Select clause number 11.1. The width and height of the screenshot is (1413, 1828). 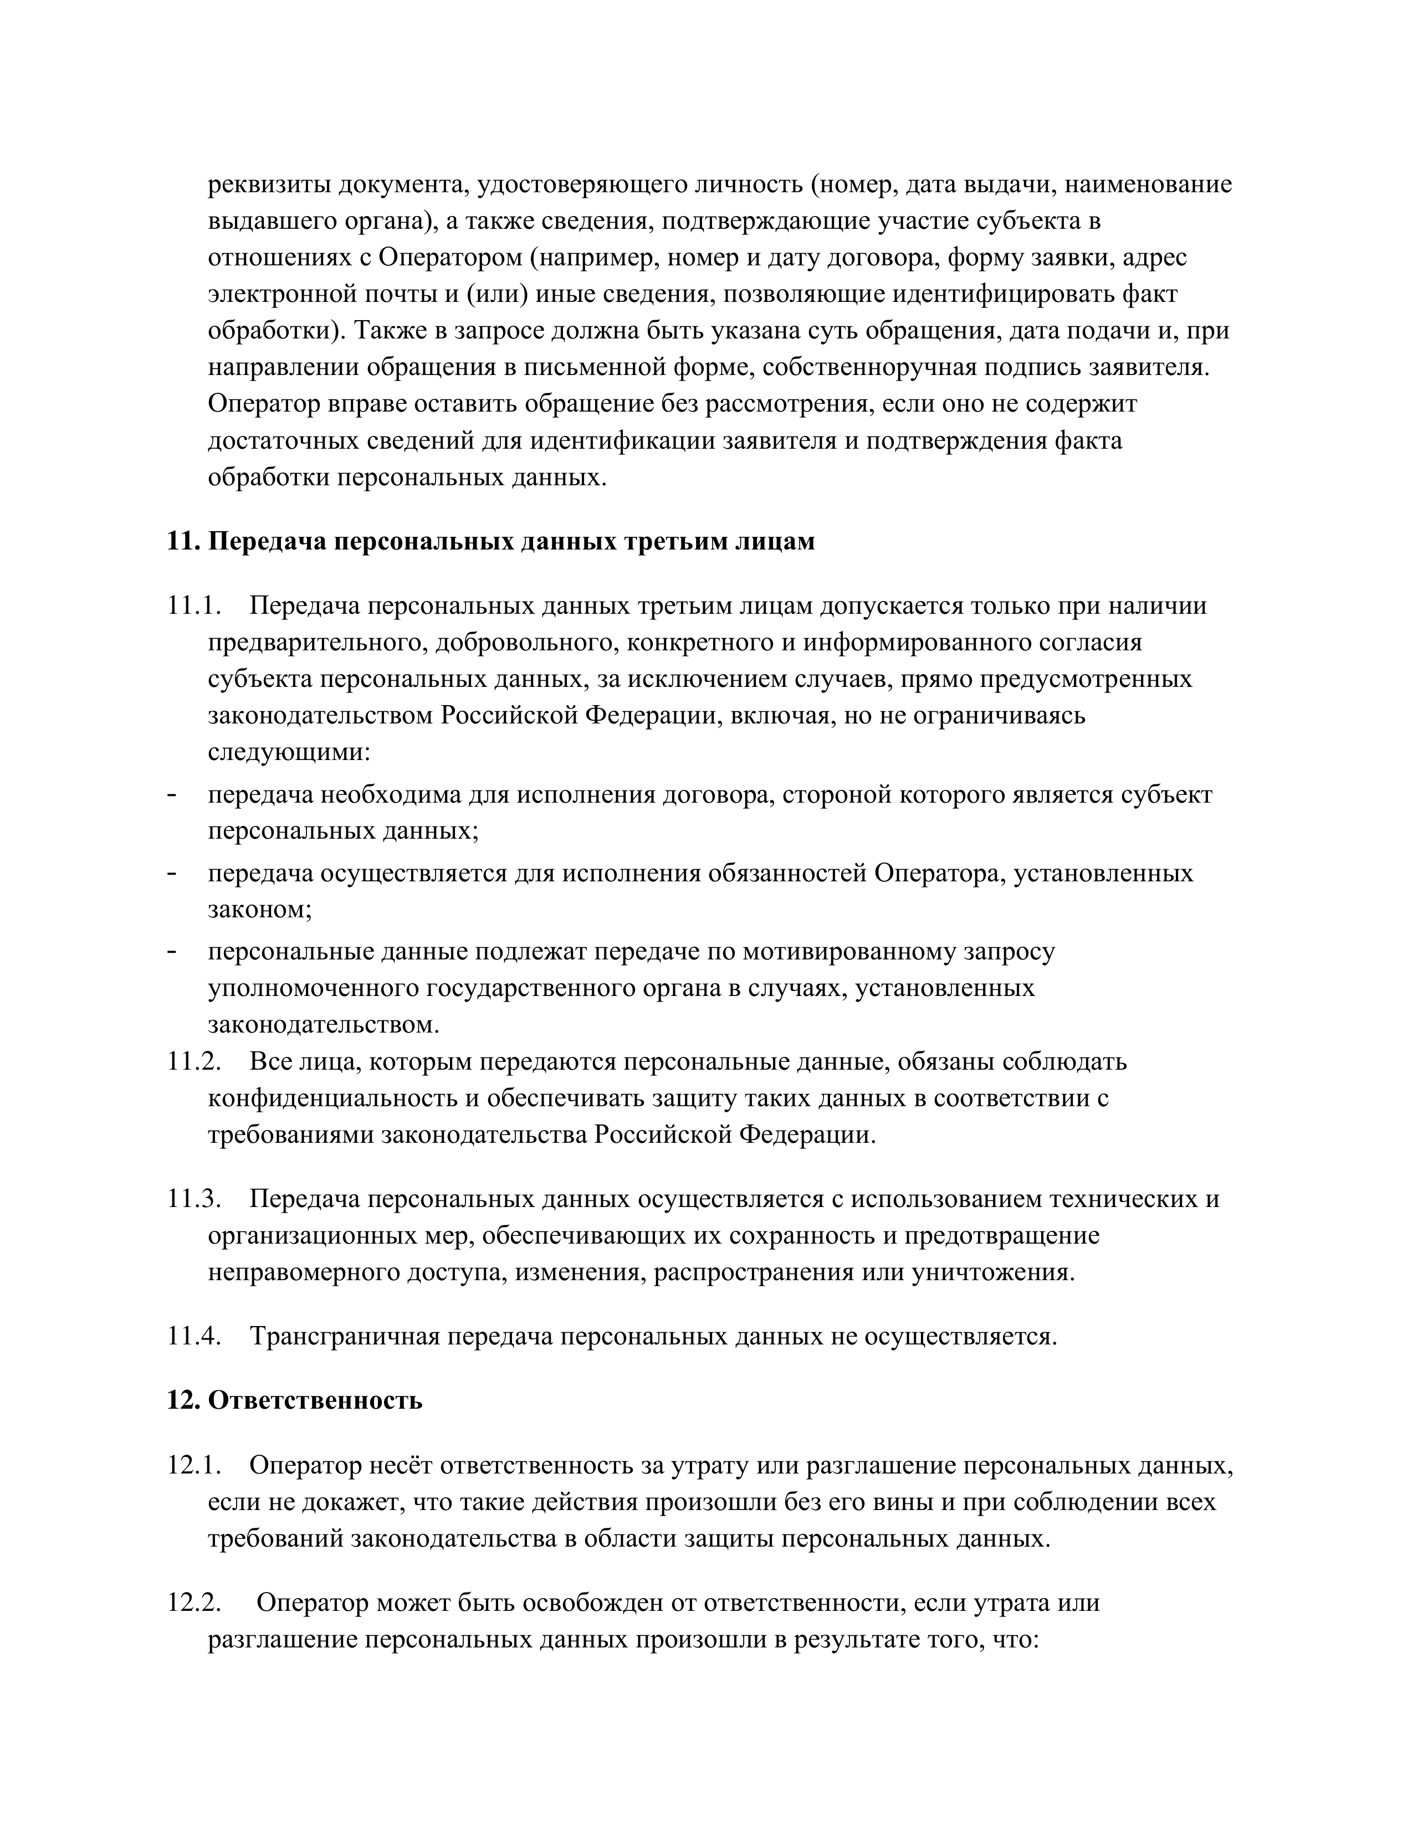(x=194, y=605)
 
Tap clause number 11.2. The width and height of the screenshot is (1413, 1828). (x=194, y=1061)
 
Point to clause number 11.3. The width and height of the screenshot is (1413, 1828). (x=194, y=1199)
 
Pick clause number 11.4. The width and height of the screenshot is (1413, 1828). (x=194, y=1336)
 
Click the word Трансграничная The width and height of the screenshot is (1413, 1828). (x=345, y=1336)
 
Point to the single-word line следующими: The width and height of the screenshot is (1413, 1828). (x=289, y=752)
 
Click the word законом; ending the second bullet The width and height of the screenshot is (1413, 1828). (x=259, y=910)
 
